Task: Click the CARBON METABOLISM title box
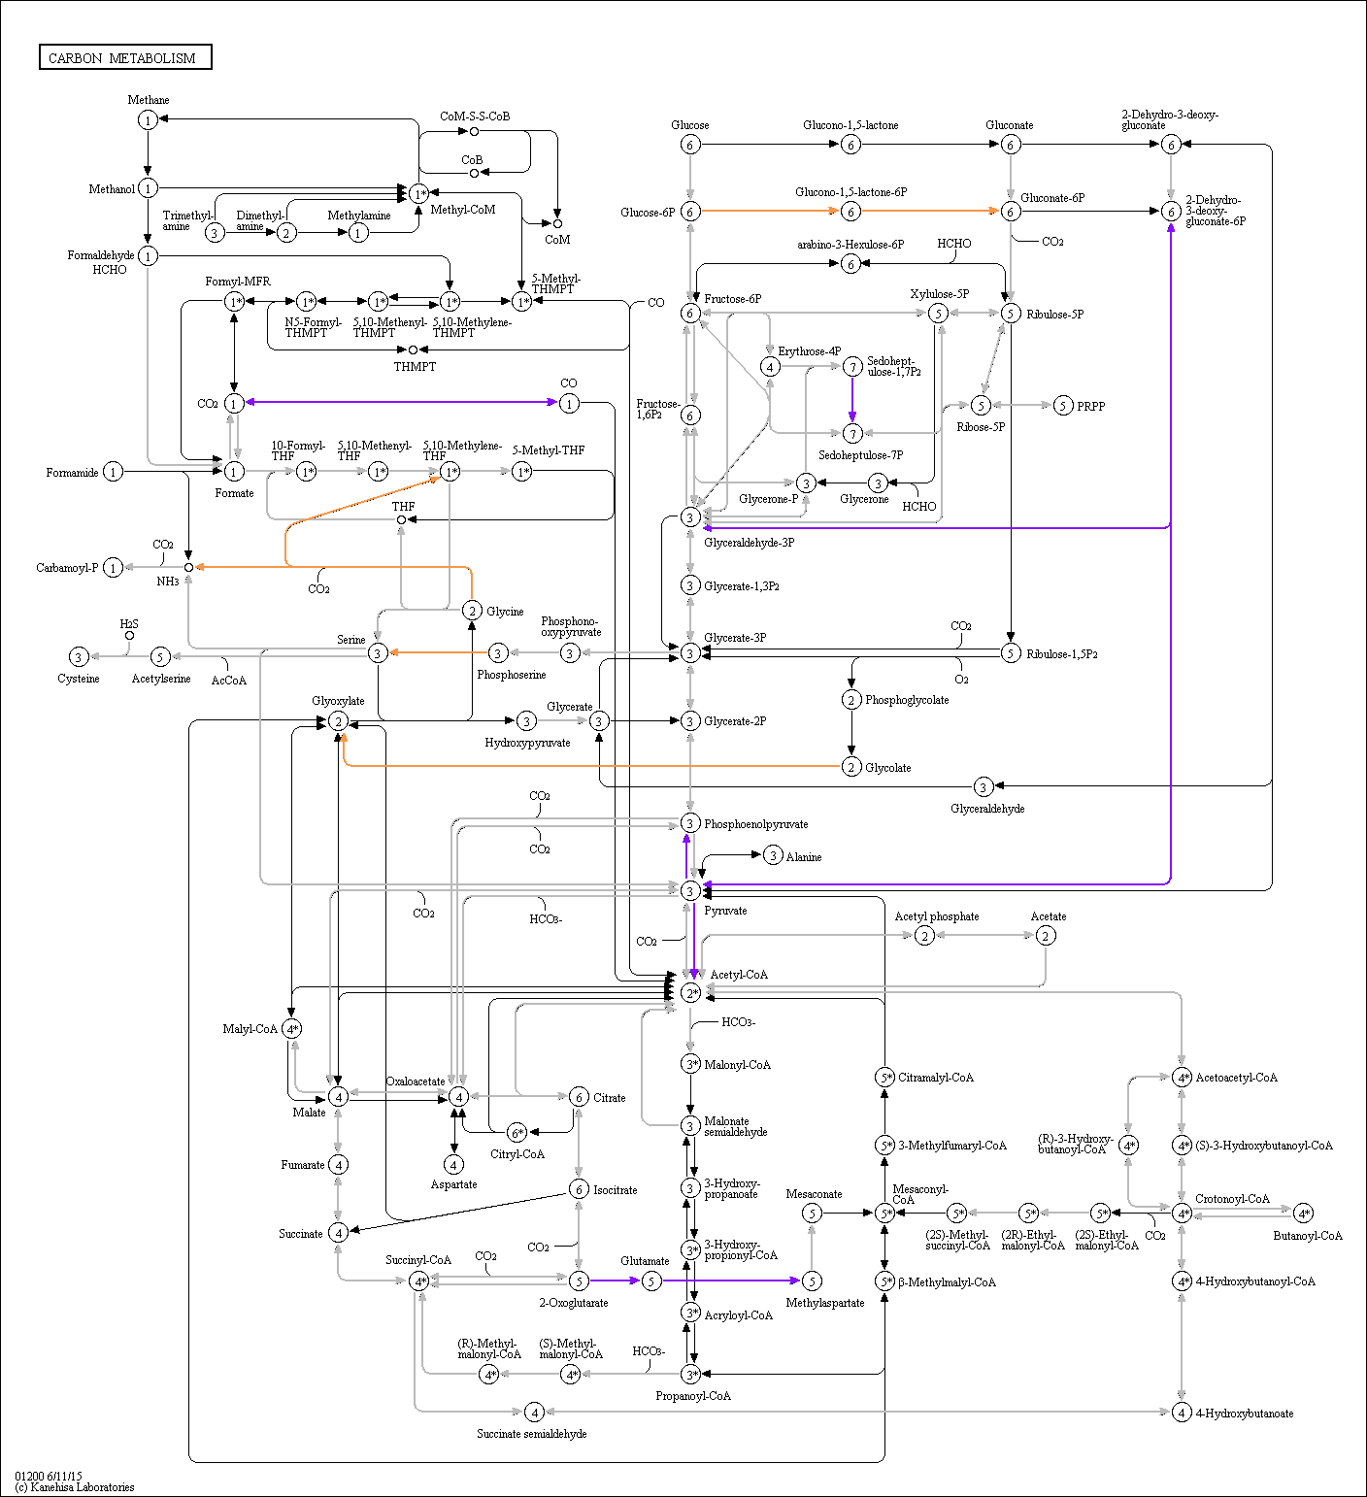125,57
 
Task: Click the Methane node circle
148,119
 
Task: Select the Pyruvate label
725,911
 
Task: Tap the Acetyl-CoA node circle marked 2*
690,992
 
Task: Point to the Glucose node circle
690,145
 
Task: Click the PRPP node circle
1063,406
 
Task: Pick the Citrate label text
610,1098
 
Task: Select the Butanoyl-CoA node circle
1304,1214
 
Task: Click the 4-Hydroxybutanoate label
1245,1414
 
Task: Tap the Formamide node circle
114,472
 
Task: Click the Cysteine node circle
79,657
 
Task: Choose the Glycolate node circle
851,767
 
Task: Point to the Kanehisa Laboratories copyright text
75,1487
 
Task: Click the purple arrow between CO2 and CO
401,402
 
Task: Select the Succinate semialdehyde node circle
534,1412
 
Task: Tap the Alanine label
804,857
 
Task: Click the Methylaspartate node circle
812,1281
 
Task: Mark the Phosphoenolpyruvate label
756,824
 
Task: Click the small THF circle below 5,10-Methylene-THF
401,519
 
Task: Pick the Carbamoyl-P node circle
114,567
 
